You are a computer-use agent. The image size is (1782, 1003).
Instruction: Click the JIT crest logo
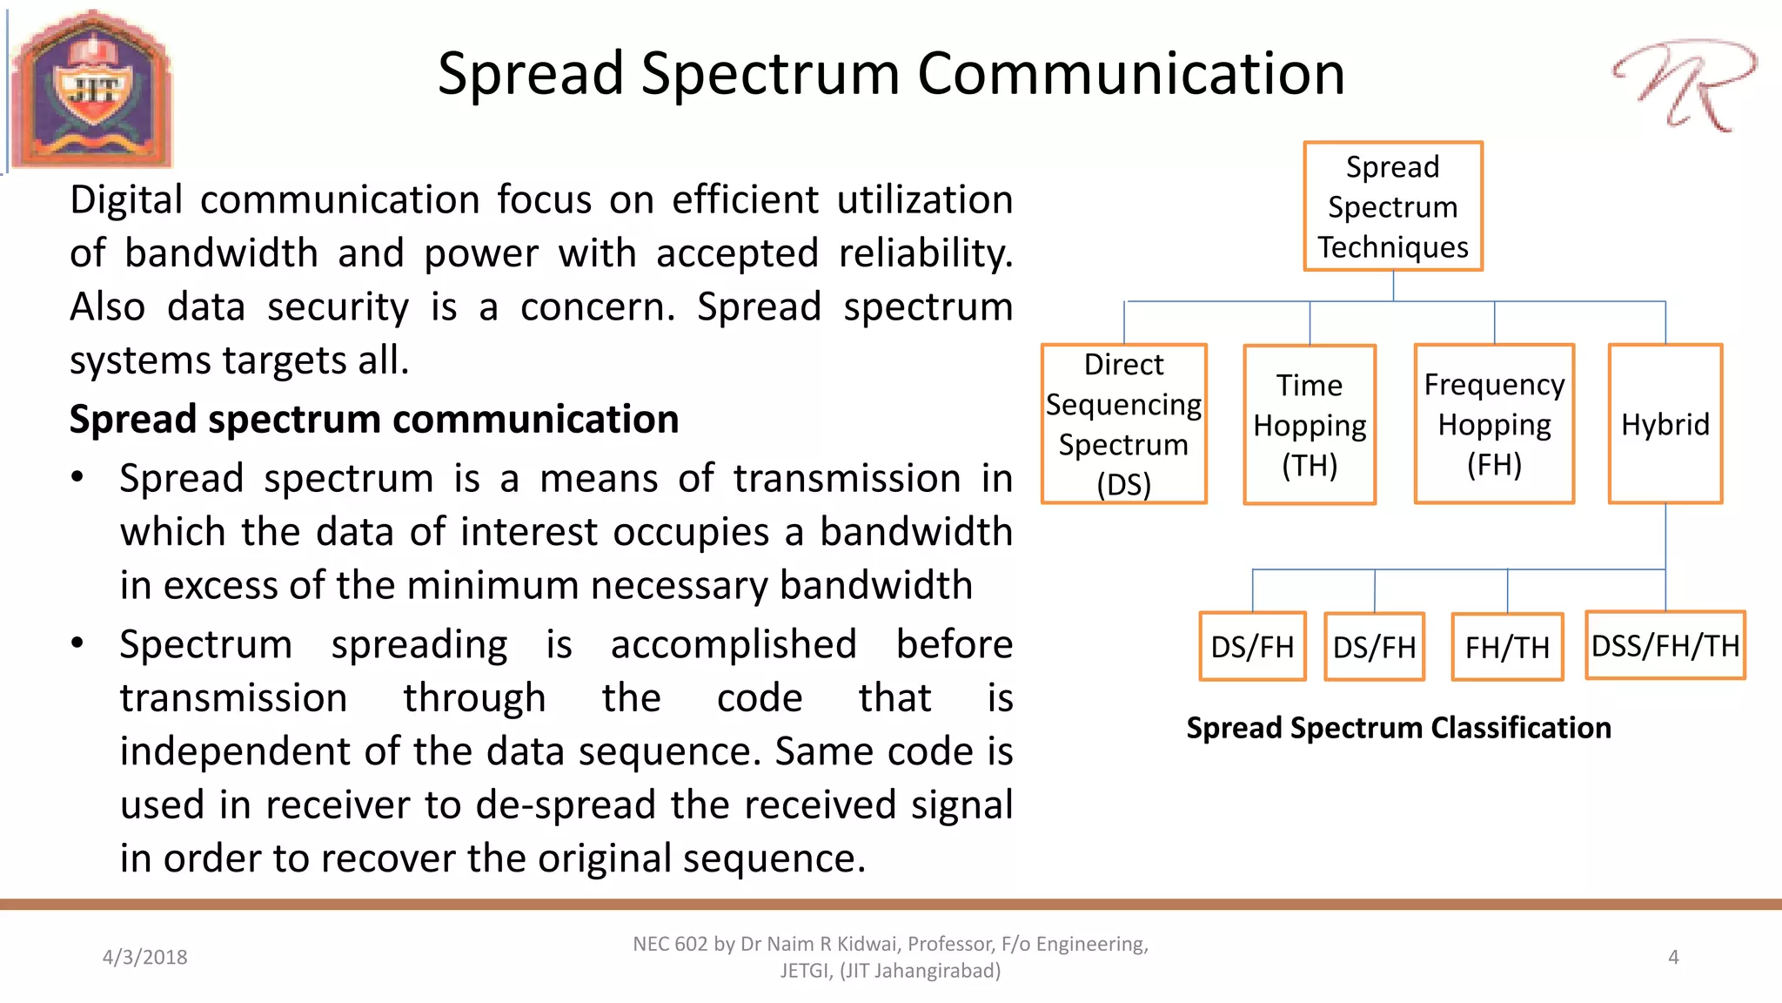[92, 89]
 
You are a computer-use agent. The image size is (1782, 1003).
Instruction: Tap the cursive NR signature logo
[1685, 85]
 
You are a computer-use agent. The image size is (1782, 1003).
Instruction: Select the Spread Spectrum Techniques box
[1392, 206]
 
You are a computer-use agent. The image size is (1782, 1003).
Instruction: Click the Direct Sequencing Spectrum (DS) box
[1123, 424]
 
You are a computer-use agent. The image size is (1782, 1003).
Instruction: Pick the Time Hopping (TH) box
[1309, 425]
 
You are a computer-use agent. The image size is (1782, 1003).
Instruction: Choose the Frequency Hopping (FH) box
[1494, 424]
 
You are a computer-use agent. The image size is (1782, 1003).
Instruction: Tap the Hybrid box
[1665, 424]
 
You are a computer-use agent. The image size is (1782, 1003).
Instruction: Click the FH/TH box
[1507, 647]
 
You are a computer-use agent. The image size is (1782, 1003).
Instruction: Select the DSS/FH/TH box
[1665, 645]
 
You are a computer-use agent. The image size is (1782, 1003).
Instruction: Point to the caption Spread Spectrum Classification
[1398, 728]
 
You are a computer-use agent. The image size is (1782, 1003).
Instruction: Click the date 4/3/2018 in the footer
[144, 958]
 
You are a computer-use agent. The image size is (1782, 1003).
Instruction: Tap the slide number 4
[1673, 958]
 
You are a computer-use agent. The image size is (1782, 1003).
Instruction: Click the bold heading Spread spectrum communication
[374, 420]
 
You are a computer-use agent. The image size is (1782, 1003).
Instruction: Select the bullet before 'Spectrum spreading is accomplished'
[77, 643]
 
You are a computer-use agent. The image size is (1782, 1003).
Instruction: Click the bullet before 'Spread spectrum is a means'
[77, 477]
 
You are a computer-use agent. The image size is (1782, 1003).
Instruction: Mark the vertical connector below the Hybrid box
[1665, 536]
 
